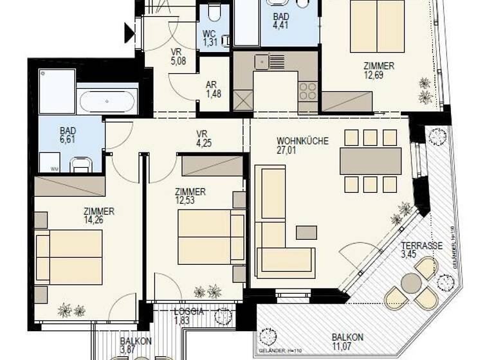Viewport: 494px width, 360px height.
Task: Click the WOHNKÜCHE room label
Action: click(x=302, y=140)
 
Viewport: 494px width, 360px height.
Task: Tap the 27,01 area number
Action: click(x=302, y=150)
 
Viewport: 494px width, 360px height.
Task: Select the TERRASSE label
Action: click(x=421, y=246)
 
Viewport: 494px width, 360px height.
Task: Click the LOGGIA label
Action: click(x=189, y=311)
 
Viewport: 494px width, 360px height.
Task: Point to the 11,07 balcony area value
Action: click(x=347, y=346)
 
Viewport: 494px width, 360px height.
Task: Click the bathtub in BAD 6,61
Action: click(x=107, y=102)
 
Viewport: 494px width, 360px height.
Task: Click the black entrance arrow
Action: click(x=129, y=32)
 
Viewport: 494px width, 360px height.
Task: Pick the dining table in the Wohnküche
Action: click(x=370, y=161)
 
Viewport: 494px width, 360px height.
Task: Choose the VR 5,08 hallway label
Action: click(x=178, y=57)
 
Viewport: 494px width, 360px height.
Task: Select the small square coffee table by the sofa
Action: click(x=306, y=232)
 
